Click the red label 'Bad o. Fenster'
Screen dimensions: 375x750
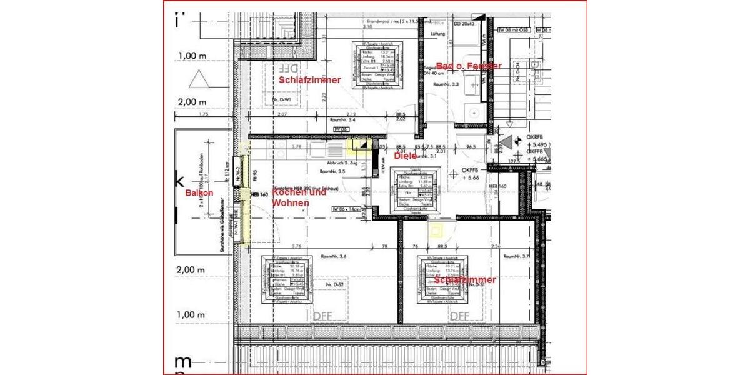469,66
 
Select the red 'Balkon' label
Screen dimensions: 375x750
199,193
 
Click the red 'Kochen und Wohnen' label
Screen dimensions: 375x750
299,198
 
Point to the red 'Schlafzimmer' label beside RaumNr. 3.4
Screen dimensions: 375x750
309,80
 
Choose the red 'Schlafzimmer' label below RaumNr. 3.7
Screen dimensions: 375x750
467,280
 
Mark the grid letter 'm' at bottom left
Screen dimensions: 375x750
182,362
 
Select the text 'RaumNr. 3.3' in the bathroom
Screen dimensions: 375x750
446,83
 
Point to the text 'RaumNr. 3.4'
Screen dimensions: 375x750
342,119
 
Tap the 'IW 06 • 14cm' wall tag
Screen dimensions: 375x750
347,209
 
